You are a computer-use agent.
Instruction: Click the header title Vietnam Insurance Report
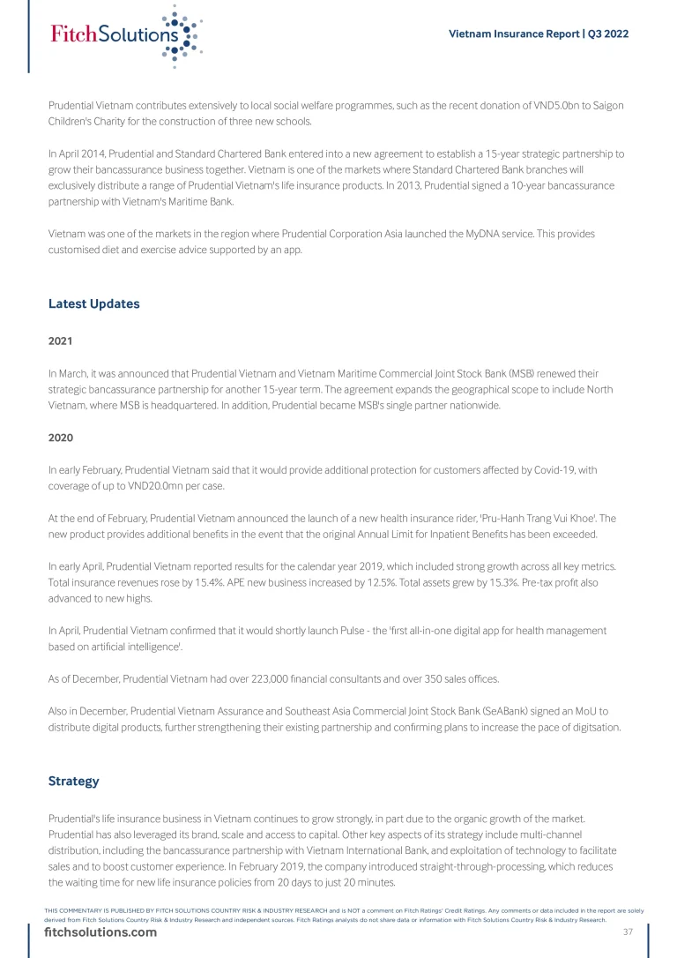pos(539,34)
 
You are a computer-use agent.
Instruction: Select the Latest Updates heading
pos(93,304)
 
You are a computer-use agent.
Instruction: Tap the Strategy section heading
pos(73,782)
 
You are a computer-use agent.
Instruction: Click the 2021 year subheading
pos(60,341)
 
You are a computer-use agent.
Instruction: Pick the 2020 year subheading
pos(60,437)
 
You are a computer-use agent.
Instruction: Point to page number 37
pos(629,932)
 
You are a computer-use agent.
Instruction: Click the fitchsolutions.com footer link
pos(100,933)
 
